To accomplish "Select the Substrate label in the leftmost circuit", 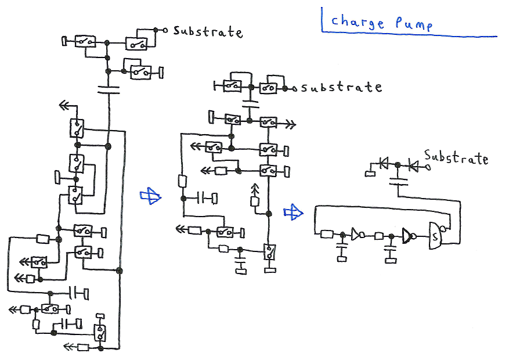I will (207, 32).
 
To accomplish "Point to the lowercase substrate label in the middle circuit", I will (341, 88).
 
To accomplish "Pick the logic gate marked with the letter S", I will (435, 236).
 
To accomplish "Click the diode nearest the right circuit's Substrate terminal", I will (413, 165).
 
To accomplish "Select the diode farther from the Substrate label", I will (383, 164).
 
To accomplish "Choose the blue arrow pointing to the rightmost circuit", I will (293, 213).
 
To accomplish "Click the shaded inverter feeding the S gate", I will (408, 236).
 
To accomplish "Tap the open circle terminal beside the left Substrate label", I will (165, 30).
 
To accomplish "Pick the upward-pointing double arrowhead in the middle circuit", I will (254, 189).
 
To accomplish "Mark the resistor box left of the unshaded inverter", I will (326, 234).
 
